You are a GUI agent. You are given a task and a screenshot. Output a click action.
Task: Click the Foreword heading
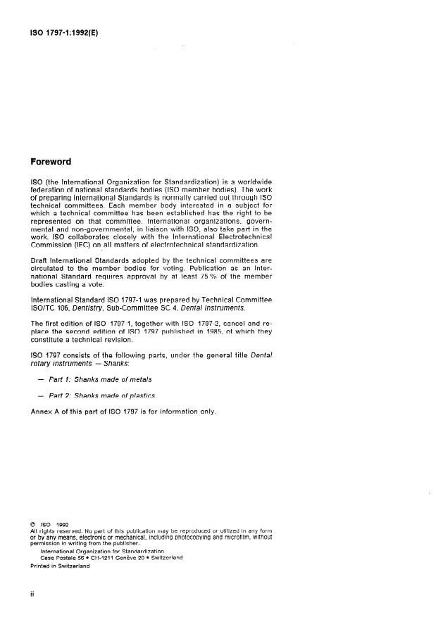point(52,162)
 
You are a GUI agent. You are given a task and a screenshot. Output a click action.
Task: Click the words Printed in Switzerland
point(59,566)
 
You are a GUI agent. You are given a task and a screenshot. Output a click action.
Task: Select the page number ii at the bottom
point(32,596)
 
